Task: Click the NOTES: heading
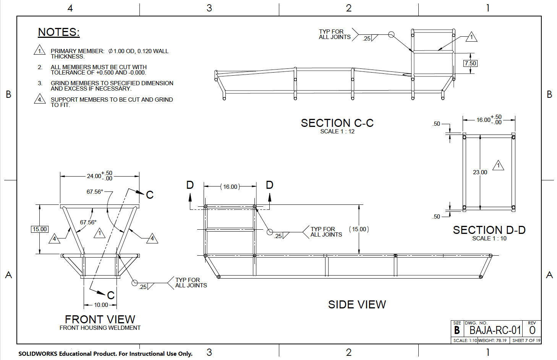tap(59, 32)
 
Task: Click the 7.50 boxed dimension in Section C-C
tap(470, 63)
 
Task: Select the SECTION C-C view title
tap(337, 123)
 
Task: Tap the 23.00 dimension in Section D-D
tap(480, 172)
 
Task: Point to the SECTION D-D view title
tap(489, 230)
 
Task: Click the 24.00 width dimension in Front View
tap(94, 176)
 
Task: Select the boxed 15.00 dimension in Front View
tap(40, 229)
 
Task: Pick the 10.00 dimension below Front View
tap(101, 305)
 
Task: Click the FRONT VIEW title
tap(100, 319)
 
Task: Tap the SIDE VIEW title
tap(357, 305)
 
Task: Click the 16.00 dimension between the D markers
tap(230, 187)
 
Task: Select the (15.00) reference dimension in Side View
tap(359, 229)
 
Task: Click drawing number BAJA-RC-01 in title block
tap(495, 330)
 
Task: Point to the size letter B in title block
tap(457, 331)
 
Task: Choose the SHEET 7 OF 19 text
tap(526, 341)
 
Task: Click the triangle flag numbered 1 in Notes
tap(40, 50)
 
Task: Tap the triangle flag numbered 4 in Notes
tap(40, 99)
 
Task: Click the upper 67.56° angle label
tap(95, 192)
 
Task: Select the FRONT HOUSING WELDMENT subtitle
tap(100, 328)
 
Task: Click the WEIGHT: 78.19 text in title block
tap(492, 341)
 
